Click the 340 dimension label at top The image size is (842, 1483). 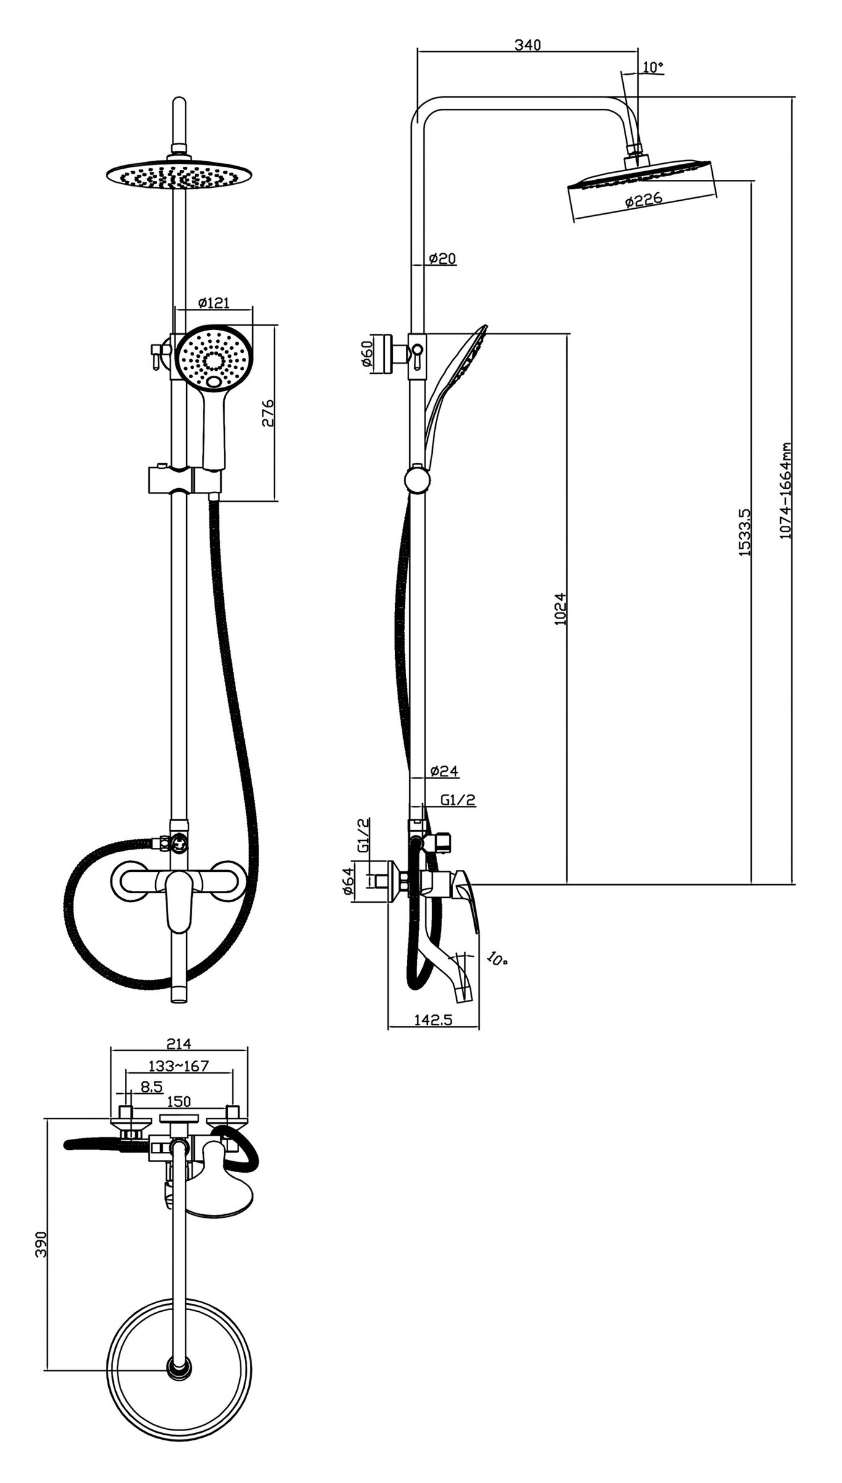click(527, 45)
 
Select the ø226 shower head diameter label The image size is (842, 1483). click(644, 200)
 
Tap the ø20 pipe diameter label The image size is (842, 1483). click(441, 258)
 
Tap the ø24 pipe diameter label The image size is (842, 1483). click(443, 771)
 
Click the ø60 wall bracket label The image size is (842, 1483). click(367, 353)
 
